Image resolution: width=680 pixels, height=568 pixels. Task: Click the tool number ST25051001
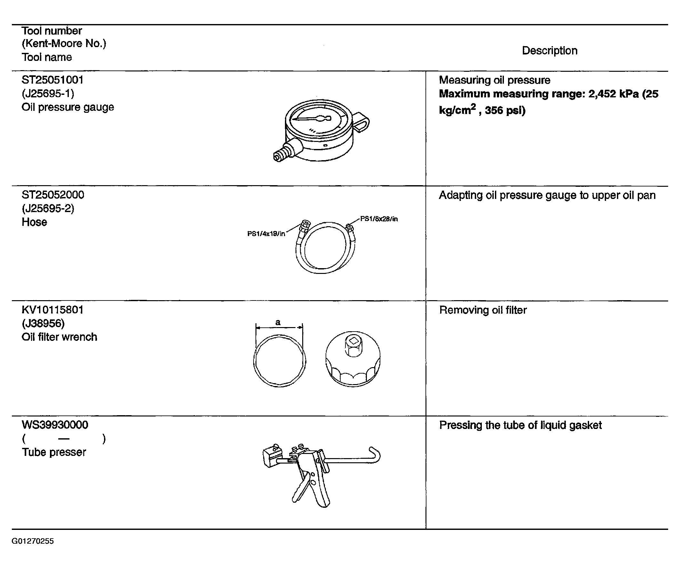pos(53,80)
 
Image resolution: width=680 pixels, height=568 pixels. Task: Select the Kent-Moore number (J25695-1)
pos(48,94)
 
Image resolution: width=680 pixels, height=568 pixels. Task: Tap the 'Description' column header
pos(549,51)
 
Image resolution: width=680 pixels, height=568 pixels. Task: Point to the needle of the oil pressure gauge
pos(311,119)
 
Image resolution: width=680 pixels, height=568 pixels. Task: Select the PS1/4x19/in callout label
pos(266,234)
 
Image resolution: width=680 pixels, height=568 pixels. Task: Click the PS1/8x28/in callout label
pos(379,219)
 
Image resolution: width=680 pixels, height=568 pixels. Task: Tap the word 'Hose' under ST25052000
pos(34,222)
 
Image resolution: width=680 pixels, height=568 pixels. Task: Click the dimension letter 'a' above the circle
pos(278,322)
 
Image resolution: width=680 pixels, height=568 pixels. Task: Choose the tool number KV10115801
pos(53,310)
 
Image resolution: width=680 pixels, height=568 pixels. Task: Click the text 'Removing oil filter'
pos(483,310)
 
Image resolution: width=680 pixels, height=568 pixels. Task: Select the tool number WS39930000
pos(55,425)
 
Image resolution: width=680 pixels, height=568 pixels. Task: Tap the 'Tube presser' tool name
pos(54,452)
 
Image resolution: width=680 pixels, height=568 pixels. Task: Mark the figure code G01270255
pos(33,541)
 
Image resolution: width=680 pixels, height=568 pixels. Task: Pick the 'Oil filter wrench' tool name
pos(59,337)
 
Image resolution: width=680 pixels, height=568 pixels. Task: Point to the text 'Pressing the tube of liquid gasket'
pos(520,425)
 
